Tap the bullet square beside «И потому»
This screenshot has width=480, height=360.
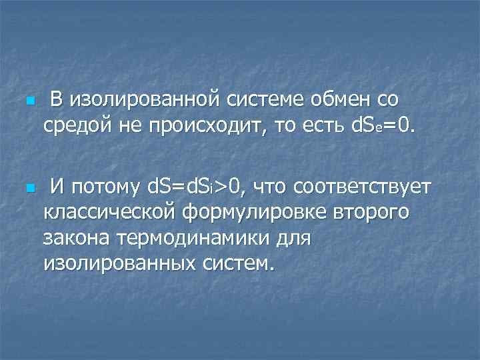[x=29, y=189]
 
